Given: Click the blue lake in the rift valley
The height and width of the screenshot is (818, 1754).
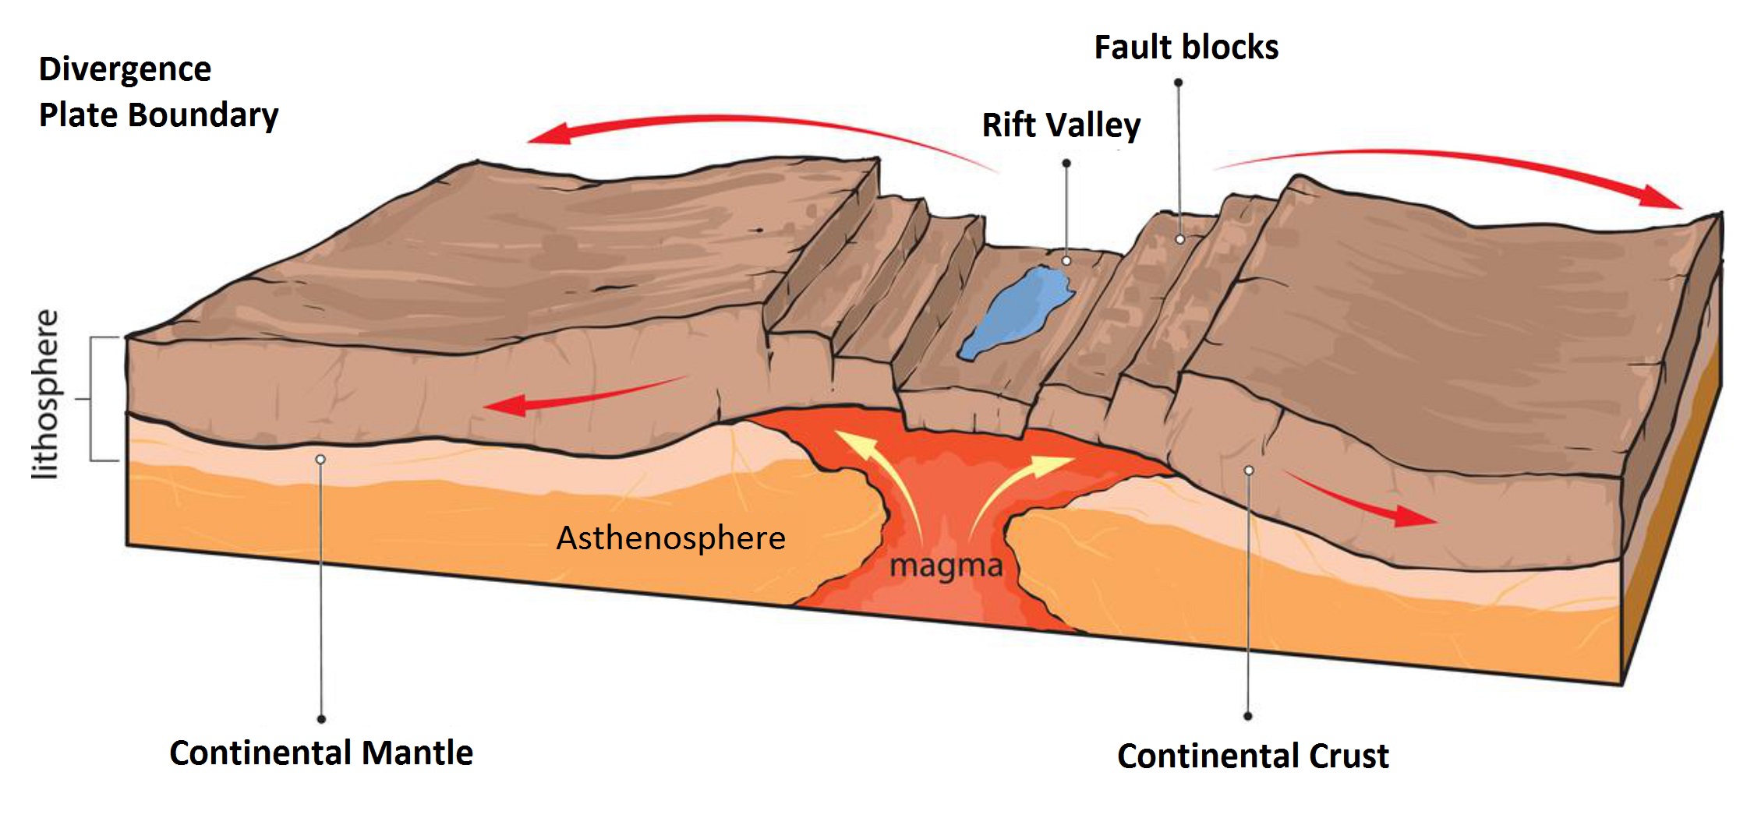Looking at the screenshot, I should pyautogui.click(x=1013, y=312).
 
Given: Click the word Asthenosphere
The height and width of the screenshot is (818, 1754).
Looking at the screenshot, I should pyautogui.click(x=670, y=538).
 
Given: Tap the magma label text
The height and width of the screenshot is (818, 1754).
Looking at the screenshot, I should pyautogui.click(x=946, y=566).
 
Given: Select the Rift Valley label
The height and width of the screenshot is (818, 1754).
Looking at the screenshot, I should pyautogui.click(x=1061, y=125).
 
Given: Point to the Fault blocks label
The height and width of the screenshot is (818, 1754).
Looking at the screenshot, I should pyautogui.click(x=1186, y=48).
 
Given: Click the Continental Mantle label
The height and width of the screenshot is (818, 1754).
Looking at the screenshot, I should pyautogui.click(x=321, y=753).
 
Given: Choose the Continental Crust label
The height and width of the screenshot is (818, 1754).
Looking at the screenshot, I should pyautogui.click(x=1253, y=756).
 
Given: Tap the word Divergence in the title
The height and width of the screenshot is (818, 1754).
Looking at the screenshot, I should pyautogui.click(x=125, y=69).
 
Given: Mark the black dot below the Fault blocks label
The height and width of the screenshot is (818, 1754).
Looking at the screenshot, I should pyautogui.click(x=1178, y=83).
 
